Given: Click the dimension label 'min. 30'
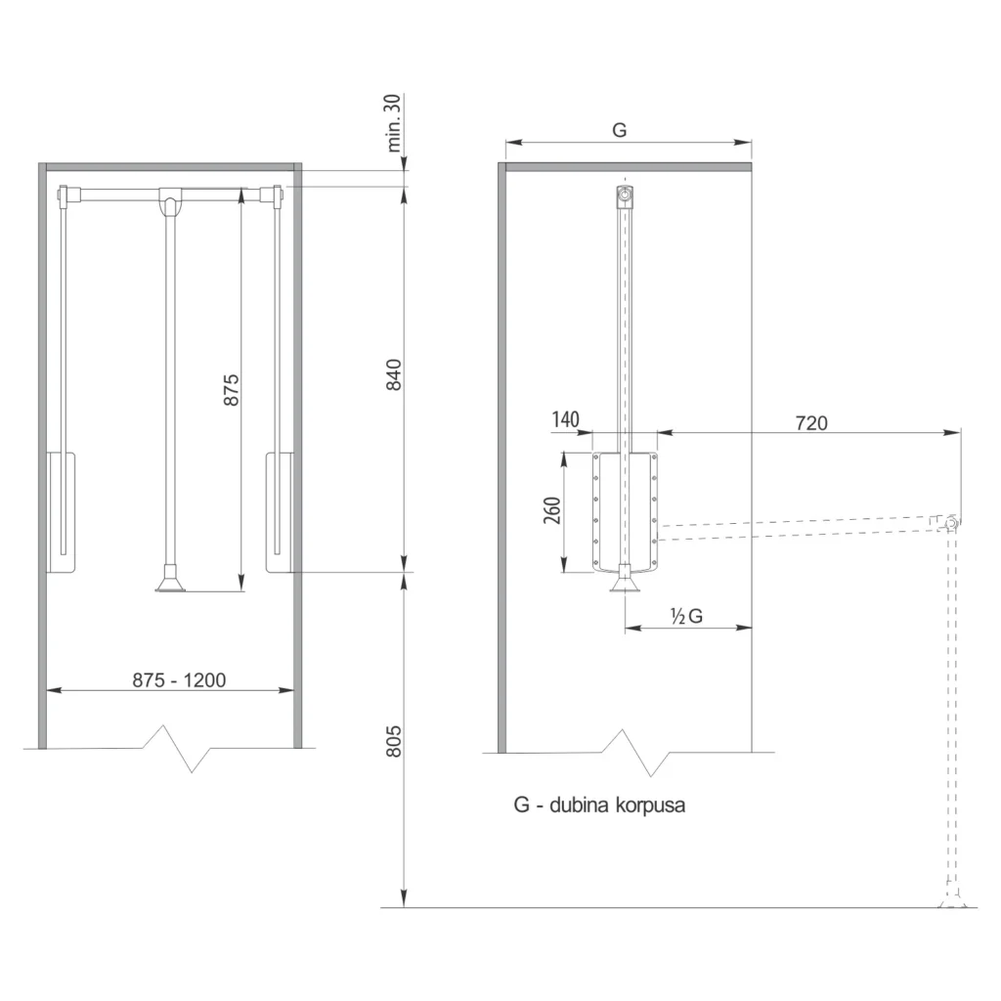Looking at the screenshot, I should (396, 123).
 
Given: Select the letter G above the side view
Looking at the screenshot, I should (619, 129).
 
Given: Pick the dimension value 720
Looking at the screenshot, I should (810, 422).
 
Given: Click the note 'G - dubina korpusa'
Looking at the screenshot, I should (599, 805).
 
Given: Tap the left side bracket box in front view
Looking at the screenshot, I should (61, 511).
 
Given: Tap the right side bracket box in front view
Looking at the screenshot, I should (279, 511).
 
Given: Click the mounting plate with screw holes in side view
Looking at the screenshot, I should (626, 511).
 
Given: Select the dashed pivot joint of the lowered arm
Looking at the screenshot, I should (948, 522).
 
